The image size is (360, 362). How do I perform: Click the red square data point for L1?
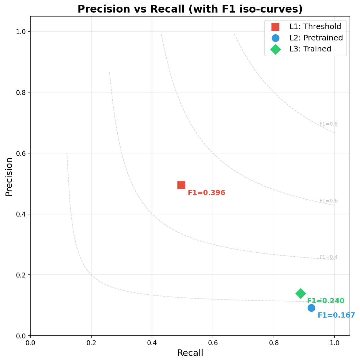click(x=181, y=185)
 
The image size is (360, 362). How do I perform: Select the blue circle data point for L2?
click(x=311, y=308)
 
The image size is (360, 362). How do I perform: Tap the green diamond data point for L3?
click(x=301, y=293)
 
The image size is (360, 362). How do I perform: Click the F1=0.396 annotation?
click(x=206, y=193)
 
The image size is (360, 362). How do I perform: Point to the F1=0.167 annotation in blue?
click(x=336, y=315)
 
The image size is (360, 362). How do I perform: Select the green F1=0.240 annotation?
click(x=325, y=301)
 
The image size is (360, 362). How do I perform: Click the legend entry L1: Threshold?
click(x=315, y=27)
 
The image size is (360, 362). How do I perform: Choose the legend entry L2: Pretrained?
click(x=316, y=38)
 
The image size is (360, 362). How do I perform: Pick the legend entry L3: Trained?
click(x=310, y=49)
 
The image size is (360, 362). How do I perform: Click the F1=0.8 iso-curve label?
click(x=328, y=124)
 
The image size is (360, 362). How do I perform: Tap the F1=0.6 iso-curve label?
click(x=328, y=201)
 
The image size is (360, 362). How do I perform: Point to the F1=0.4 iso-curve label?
click(x=328, y=257)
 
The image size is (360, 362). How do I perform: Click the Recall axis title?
click(x=190, y=353)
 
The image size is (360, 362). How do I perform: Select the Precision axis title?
click(x=9, y=177)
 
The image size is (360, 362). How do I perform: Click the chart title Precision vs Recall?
click(x=190, y=9)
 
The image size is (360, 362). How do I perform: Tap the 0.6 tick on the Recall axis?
click(x=213, y=343)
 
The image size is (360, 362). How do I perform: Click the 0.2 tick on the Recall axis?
click(x=91, y=343)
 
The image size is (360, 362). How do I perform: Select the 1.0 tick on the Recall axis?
click(x=334, y=343)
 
